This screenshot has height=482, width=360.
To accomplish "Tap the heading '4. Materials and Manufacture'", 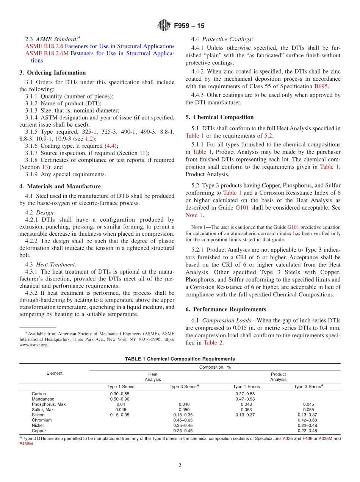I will click(x=60, y=186).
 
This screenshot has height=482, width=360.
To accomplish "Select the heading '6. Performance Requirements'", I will click(x=226, y=309).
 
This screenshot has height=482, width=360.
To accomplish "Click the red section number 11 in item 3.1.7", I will click(x=142, y=153).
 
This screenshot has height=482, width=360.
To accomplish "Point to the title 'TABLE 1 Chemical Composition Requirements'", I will click(x=180, y=359).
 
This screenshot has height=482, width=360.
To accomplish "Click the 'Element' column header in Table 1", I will click(x=54, y=373).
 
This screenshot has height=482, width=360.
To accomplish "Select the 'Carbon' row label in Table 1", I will click(x=39, y=394).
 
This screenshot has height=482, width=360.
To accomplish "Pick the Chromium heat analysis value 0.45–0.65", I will click(x=183, y=420).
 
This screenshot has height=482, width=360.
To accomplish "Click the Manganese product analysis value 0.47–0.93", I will click(x=246, y=399).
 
